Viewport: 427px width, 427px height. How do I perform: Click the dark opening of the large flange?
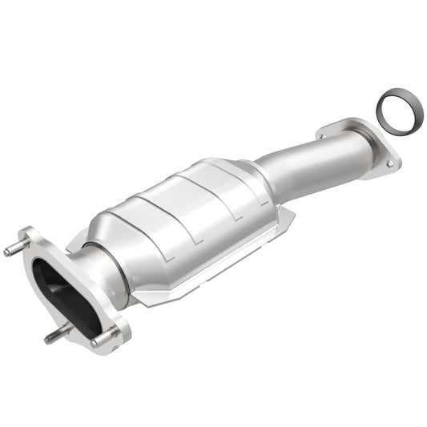coord(64,288)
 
